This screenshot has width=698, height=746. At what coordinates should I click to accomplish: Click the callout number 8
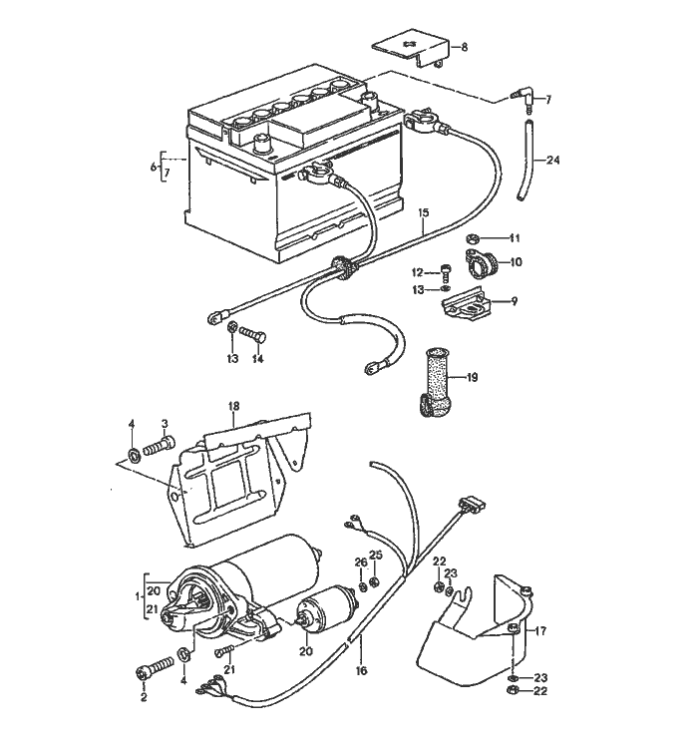[x=464, y=47]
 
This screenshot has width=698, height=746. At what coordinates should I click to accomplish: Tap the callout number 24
[x=553, y=160]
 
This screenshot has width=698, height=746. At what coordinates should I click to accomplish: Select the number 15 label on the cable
[x=423, y=213]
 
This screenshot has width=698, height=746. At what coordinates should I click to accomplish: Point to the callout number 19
[x=473, y=377]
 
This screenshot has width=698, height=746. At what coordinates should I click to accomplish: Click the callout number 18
[x=234, y=406]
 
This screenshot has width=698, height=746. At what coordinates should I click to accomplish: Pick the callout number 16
[x=361, y=670]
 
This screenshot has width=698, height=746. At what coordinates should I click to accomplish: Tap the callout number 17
[x=541, y=630]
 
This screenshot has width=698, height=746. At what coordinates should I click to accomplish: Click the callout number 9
[x=515, y=300]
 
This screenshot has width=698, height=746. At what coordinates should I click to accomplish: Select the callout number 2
[x=143, y=697]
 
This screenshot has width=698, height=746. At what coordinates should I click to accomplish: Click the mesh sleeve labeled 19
[x=436, y=384]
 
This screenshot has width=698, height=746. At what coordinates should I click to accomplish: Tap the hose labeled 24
[x=525, y=160]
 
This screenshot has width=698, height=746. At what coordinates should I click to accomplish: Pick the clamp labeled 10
[x=483, y=264]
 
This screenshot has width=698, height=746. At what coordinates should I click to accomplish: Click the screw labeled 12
[x=446, y=269]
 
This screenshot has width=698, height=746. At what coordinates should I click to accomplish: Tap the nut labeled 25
[x=375, y=582]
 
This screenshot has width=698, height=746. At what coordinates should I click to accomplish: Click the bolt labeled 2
[x=146, y=673]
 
